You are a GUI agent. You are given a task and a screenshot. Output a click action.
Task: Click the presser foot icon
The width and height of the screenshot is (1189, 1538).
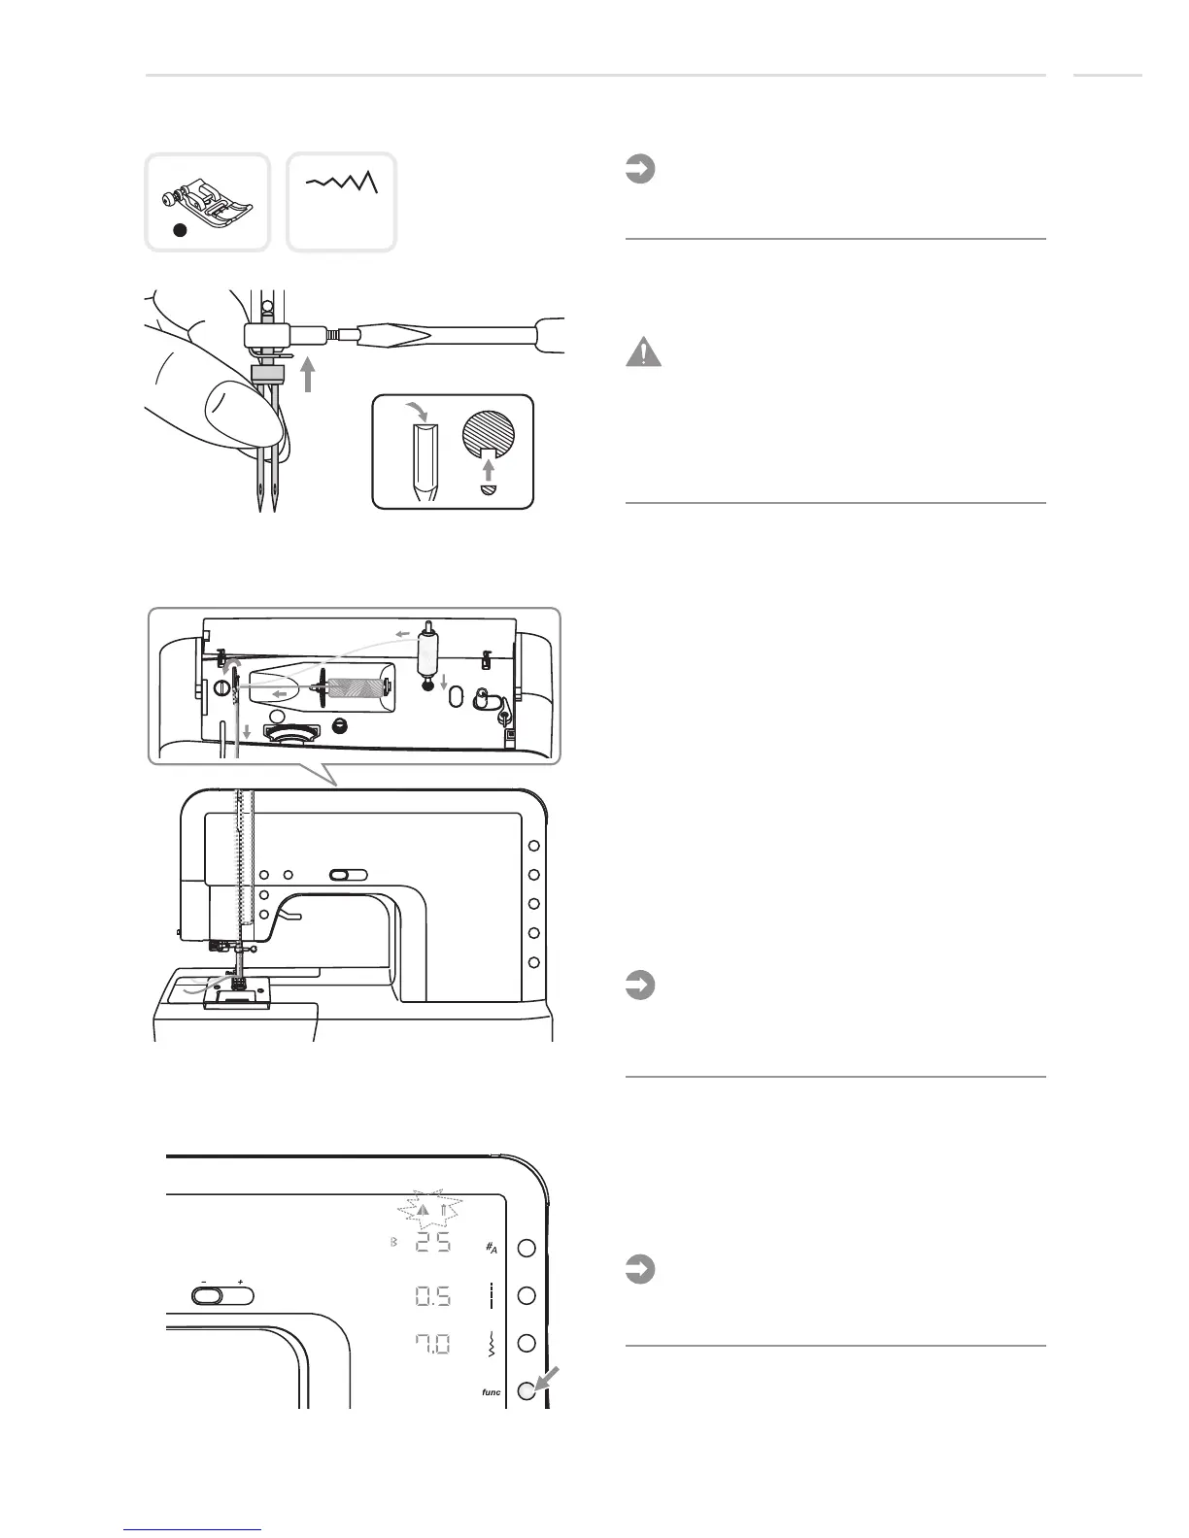207,193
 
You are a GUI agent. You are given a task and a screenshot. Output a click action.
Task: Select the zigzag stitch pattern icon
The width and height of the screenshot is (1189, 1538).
342,182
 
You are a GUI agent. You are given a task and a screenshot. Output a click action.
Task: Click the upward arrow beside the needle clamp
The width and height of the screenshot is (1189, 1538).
308,374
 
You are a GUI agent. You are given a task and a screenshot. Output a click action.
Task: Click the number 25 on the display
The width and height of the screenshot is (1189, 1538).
430,1246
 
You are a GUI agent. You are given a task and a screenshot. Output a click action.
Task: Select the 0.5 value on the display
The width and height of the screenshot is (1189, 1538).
430,1295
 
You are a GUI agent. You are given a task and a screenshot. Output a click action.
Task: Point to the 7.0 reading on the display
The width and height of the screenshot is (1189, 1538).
430,1345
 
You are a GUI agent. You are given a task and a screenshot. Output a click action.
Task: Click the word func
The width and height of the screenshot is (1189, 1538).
491,1392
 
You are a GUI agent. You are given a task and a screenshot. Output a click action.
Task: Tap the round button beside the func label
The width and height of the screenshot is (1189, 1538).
527,1391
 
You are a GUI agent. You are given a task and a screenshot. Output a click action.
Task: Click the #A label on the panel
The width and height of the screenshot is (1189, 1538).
492,1248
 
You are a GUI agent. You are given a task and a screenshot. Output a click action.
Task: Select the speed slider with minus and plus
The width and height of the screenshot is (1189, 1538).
222,1295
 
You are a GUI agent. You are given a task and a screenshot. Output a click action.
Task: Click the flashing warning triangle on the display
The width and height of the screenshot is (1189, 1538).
423,1211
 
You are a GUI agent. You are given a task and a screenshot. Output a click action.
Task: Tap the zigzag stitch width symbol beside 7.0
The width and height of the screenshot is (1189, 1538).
492,1345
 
